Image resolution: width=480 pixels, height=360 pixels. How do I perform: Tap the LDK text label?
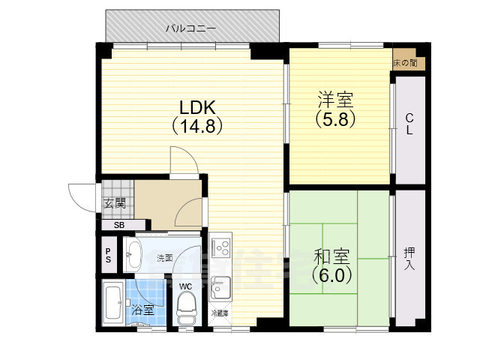click(x=199, y=106)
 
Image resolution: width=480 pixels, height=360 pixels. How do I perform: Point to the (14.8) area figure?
click(x=199, y=125)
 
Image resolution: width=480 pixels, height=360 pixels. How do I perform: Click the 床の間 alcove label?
click(x=409, y=63)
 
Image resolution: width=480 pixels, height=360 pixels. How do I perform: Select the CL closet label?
click(x=409, y=124)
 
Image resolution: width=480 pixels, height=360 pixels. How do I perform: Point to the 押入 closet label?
click(x=409, y=258)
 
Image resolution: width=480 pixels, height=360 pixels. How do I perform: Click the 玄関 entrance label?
click(x=115, y=203)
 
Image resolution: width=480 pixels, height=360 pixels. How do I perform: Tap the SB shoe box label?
click(x=119, y=225)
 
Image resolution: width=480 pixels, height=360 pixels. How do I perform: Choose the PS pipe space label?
click(x=108, y=255)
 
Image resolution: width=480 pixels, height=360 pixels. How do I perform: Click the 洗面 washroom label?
click(x=165, y=258)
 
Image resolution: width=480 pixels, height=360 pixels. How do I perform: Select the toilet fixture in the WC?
click(x=186, y=308)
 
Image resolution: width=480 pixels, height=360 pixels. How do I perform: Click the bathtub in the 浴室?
click(x=114, y=304)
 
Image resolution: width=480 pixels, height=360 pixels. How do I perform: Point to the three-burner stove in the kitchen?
click(x=220, y=245)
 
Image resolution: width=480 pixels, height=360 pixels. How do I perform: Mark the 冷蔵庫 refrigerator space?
click(x=220, y=313)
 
